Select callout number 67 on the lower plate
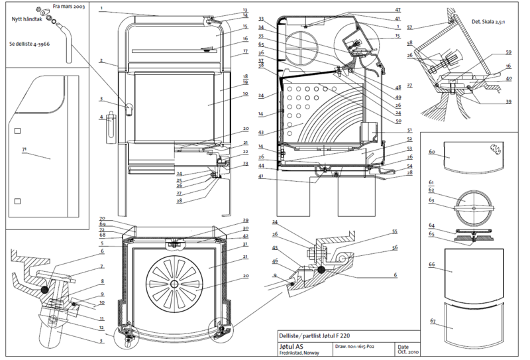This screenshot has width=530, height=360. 432,321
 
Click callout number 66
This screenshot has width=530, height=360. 432,264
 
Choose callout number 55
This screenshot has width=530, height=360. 394,231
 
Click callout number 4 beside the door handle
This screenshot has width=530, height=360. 101,118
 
